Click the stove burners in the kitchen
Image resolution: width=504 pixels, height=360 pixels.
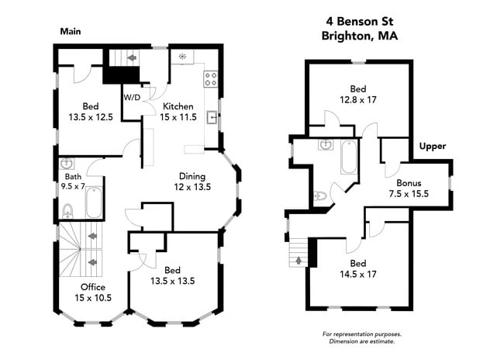tap(210, 78)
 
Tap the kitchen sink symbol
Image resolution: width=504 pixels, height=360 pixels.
tap(211, 119)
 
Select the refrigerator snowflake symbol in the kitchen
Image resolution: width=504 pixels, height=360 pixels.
tap(181, 57)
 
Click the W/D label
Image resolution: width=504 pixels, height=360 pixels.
tap(132, 98)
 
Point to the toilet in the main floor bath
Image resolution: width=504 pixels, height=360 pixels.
tap(67, 209)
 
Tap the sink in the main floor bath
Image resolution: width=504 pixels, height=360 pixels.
tap(66, 164)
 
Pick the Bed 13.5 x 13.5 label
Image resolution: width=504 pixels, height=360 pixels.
tap(178, 275)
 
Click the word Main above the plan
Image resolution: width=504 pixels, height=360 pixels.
tap(71, 32)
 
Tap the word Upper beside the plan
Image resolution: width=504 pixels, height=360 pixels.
tap(432, 146)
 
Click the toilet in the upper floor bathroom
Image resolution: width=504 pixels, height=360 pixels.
tap(320, 196)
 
